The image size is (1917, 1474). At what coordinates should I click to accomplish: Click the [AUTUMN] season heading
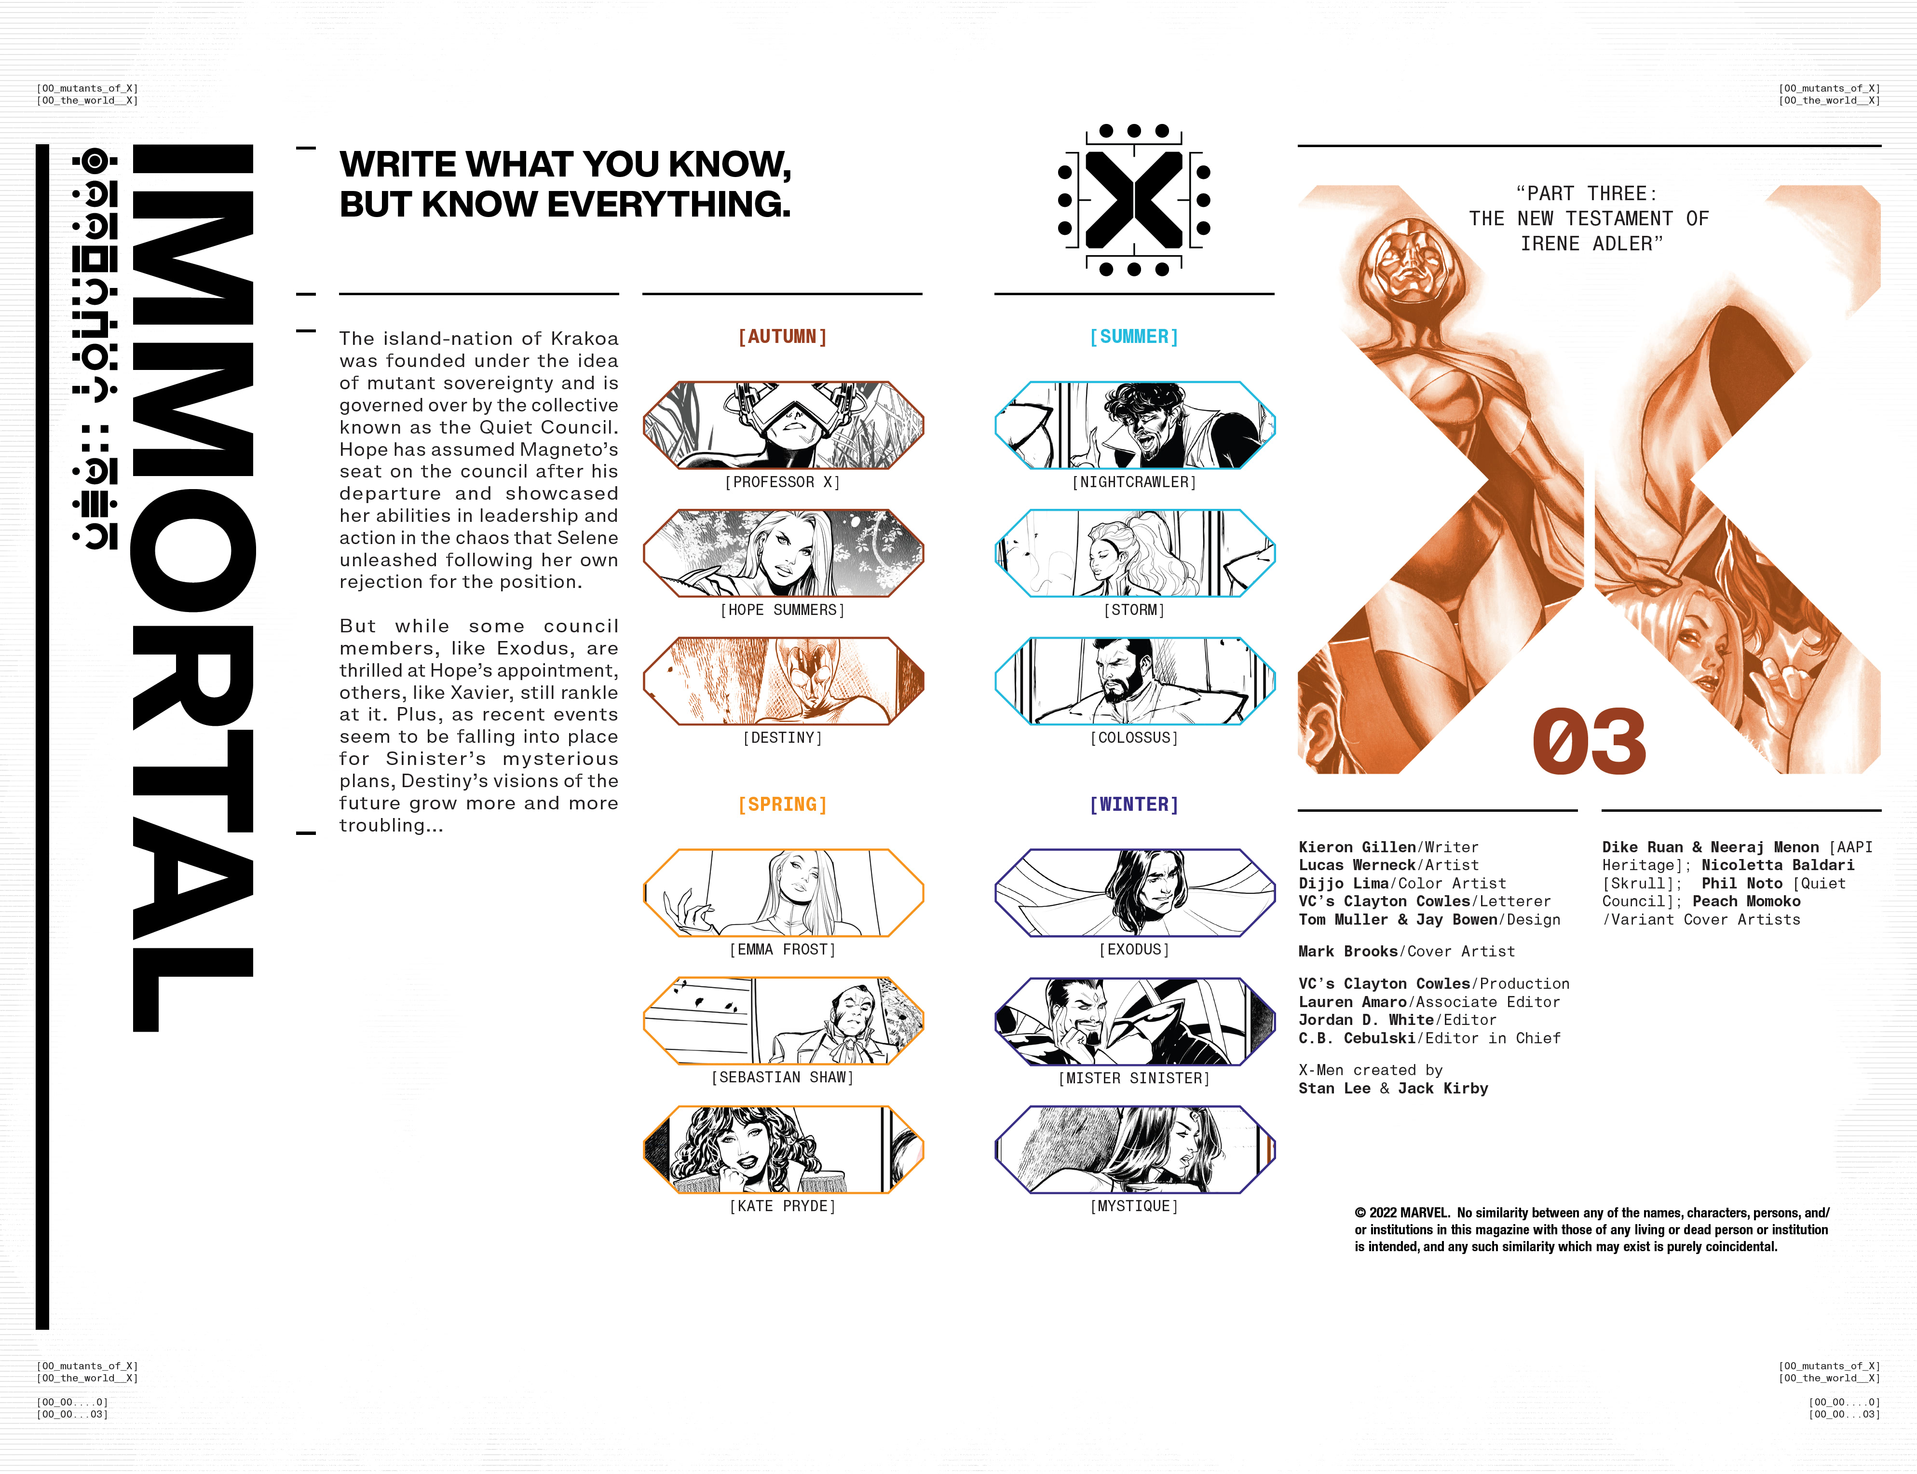tap(783, 337)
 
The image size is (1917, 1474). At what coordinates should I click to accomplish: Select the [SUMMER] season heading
tap(1134, 337)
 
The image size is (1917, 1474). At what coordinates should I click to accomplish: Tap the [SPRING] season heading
tap(783, 805)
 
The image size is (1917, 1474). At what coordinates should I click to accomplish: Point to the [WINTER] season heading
tap(1134, 805)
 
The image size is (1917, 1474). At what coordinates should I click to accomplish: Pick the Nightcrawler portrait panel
tap(1134, 425)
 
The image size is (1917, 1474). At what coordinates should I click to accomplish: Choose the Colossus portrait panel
tap(1134, 682)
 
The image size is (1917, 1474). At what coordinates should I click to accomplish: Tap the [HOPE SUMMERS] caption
tap(783, 610)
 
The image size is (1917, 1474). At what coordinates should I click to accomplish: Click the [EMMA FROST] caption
tap(783, 949)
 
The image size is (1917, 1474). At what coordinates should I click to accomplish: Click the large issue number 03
tap(1589, 741)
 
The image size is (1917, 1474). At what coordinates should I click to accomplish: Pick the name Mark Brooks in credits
tap(1347, 951)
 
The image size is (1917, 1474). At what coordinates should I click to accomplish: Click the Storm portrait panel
tap(1134, 554)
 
